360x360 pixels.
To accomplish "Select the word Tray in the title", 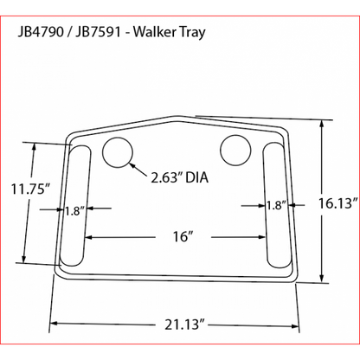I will pos(190,32).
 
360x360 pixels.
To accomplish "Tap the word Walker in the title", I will pos(155,32).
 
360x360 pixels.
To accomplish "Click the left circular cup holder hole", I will pos(119,152).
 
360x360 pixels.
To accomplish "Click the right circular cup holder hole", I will pos(235,150).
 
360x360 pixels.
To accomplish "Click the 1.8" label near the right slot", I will pos(275,205).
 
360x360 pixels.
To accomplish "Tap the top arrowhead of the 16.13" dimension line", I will pos(322,124).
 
